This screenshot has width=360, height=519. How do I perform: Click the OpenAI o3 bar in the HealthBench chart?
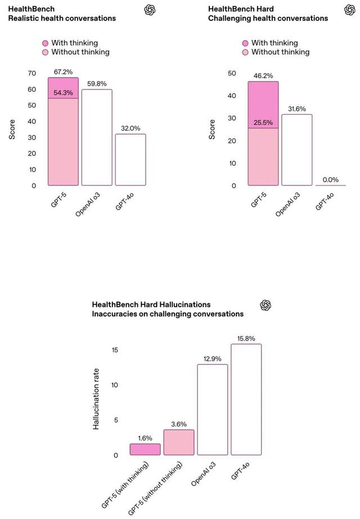coord(97,137)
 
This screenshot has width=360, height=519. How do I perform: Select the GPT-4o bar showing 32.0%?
coord(130,160)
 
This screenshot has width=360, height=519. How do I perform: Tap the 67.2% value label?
coord(62,73)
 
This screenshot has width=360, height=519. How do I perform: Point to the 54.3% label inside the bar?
coord(62,93)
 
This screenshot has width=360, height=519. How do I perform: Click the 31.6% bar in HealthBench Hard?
coord(297,150)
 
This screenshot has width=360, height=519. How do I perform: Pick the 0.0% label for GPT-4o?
coord(331,180)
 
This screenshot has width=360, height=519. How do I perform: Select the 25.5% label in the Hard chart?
coord(263,123)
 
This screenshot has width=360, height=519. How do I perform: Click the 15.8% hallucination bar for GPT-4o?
coord(246,399)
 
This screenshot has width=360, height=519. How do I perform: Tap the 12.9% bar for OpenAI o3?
coord(212,409)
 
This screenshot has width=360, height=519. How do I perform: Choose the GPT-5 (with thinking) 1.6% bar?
coord(145,449)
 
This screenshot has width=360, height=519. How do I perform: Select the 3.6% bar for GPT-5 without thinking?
coord(179,442)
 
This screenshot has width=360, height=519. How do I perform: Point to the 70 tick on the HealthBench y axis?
coord(31,73)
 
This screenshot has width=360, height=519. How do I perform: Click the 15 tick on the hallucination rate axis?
coord(114,350)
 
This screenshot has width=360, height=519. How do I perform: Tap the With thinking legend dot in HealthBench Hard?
coord(245,43)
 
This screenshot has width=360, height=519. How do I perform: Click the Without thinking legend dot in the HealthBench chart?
coord(45,52)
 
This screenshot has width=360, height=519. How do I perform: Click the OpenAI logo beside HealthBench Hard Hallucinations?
coord(266,305)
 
